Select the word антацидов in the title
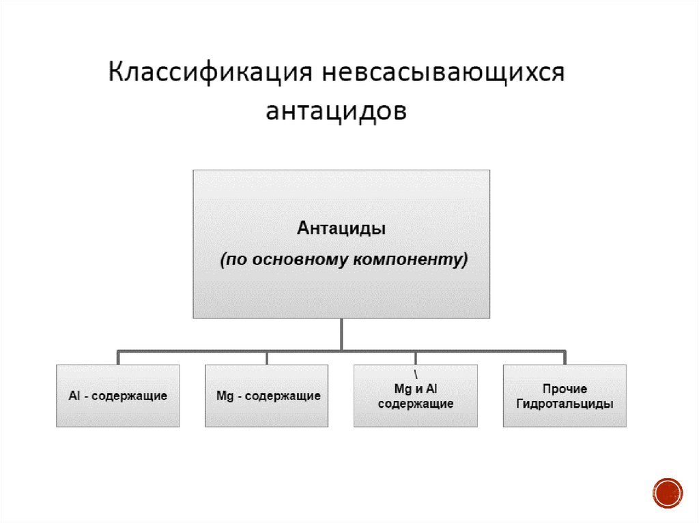point(336,110)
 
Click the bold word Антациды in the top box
point(342,228)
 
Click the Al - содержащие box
point(118,395)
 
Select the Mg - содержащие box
point(267,395)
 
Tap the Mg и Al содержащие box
point(416,395)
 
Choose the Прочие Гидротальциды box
point(565,395)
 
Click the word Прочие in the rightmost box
point(565,389)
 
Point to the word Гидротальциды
point(565,404)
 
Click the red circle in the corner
point(668,492)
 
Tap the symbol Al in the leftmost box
point(74,396)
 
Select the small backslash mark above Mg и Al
point(416,375)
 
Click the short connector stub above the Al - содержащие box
point(118,358)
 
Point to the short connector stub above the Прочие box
point(565,358)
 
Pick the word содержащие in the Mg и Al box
point(416,404)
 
